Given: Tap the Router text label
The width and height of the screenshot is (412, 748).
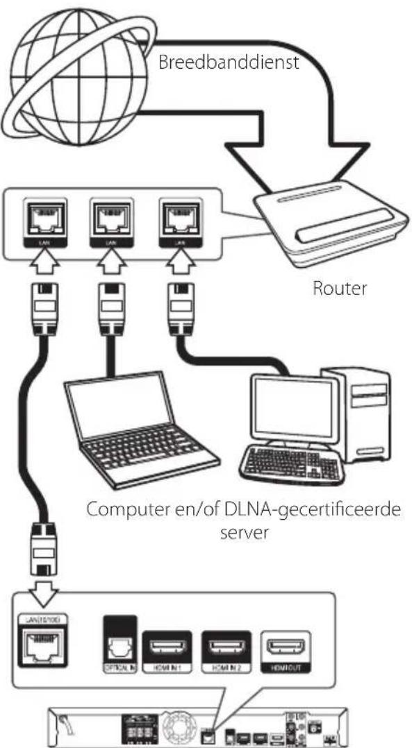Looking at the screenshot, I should pyautogui.click(x=338, y=289).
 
